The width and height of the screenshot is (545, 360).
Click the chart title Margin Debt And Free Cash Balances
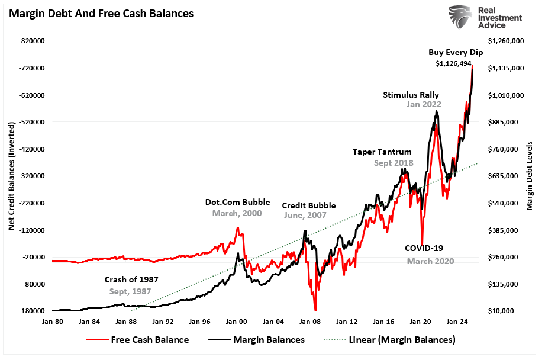point(101,12)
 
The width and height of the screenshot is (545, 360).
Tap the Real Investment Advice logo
point(486,18)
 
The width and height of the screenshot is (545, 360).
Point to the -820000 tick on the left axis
point(36,41)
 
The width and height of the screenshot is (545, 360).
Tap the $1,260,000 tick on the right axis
point(506,41)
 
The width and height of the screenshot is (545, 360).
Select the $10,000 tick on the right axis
point(502,311)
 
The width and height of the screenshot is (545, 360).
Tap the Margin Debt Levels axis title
point(530,176)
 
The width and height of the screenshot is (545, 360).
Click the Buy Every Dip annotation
point(456,52)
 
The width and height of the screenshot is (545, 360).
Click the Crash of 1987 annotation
point(131,279)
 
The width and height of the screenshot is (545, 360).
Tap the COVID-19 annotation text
point(424,248)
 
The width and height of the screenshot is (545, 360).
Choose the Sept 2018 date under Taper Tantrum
point(394,163)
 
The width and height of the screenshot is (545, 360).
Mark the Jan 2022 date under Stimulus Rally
point(424,105)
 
